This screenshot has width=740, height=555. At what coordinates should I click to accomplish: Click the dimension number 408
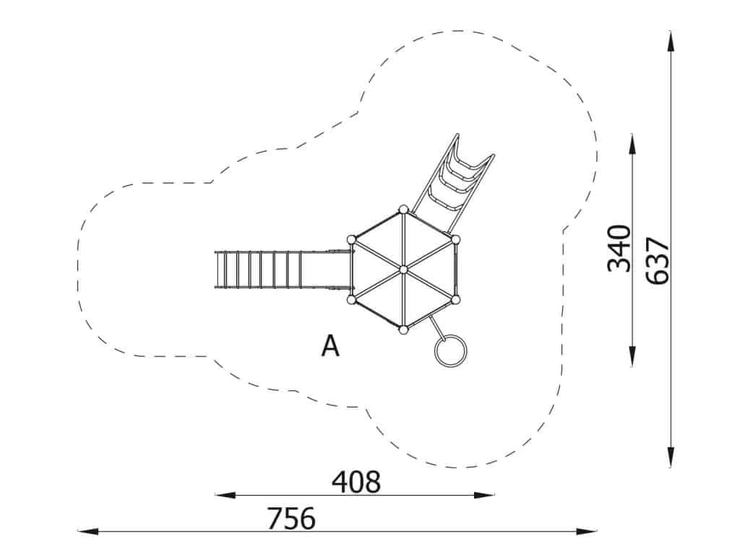pos(356,482)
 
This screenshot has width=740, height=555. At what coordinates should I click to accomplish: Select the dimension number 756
pos(291,518)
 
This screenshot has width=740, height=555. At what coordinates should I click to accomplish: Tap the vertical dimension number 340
pos(619,249)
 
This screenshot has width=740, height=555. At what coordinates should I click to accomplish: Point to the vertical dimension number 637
pos(658,261)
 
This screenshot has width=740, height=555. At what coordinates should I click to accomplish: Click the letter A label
pos(330,345)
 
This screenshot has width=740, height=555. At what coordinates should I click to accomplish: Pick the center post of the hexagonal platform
pos(403,270)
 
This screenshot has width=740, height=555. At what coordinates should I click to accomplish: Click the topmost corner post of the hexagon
pos(403,210)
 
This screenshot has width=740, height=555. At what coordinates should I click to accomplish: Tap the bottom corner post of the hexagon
pos(403,330)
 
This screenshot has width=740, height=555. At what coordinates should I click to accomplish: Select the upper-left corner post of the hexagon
pos(351,240)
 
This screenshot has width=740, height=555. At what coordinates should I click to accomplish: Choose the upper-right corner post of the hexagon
pos(455,240)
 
